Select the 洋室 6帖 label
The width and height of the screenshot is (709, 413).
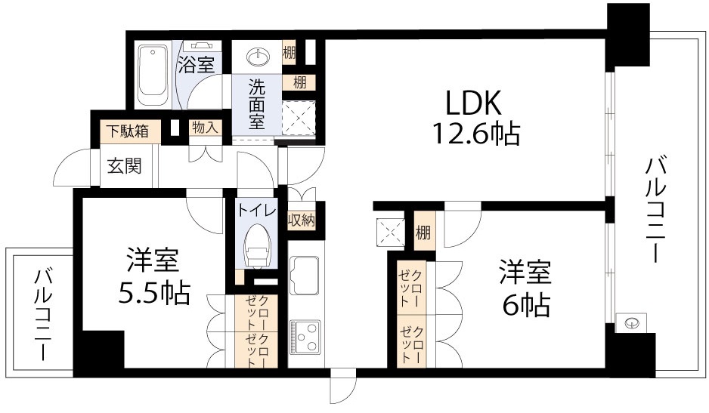524,288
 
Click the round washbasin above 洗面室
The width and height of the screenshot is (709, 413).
257,57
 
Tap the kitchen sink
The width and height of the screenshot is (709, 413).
305,276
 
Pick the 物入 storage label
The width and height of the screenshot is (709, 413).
204,128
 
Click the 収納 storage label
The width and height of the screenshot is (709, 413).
301,220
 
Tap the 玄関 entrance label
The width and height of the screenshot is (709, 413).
123,165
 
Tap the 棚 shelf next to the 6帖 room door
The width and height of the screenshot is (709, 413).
423,233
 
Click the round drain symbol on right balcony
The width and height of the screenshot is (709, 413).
632,323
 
